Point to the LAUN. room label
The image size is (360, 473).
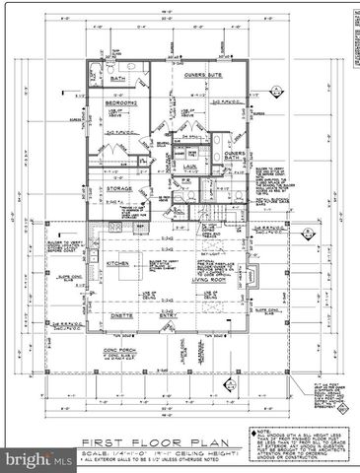tap(191, 169)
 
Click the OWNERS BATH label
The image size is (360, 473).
tap(235, 158)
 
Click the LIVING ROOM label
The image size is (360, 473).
tap(209, 279)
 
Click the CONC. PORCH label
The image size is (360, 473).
tap(119, 349)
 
